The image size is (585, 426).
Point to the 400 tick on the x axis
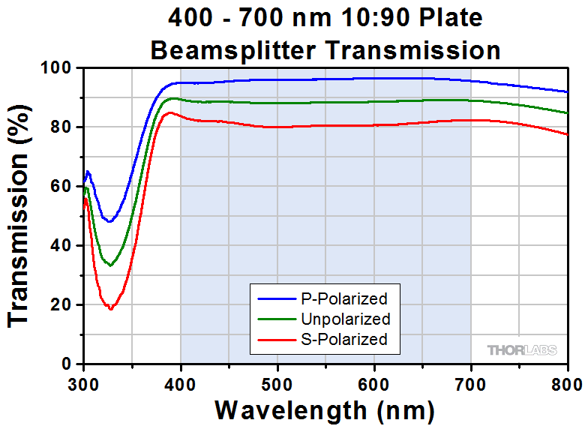180,385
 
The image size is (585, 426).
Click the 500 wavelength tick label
277,385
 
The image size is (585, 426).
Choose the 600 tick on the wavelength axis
374,385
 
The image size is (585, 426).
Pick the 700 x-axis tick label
471,385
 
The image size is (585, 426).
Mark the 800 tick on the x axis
568,385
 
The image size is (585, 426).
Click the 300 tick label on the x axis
83,385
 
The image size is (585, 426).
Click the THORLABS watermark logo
524,350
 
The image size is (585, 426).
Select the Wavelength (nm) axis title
325,409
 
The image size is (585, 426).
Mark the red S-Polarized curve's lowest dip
110,308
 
